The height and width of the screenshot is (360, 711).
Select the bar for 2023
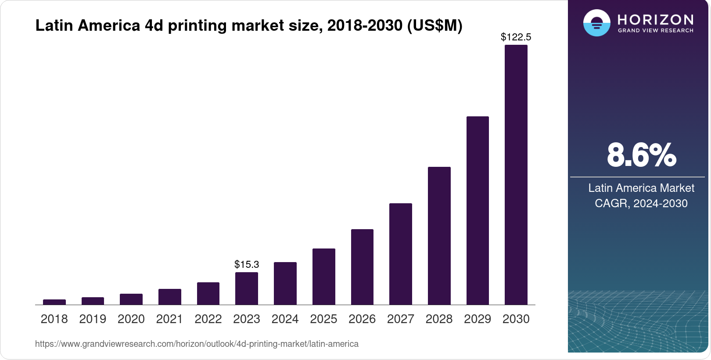(247, 288)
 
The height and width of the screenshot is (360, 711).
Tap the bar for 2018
(54, 302)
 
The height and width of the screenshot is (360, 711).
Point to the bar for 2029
(478, 210)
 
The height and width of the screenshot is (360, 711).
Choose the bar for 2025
(323, 277)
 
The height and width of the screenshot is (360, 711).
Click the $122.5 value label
(516, 37)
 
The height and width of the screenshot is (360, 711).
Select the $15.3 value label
(247, 264)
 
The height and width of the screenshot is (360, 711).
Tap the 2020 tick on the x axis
(131, 319)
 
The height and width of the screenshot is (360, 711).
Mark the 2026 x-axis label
(362, 319)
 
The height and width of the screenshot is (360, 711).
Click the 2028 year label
(439, 319)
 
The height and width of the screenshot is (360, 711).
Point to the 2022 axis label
(208, 319)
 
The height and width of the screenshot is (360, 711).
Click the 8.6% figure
(641, 155)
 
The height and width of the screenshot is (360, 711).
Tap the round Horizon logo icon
(596, 23)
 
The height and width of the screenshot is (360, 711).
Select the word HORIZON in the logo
(655, 19)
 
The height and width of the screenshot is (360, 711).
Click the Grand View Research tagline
(655, 31)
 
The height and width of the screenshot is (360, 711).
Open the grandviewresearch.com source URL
(197, 344)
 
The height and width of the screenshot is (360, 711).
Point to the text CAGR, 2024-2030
(641, 203)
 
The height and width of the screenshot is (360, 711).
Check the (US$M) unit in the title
(434, 25)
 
